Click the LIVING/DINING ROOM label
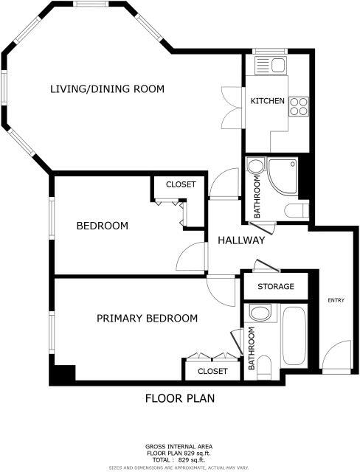106,89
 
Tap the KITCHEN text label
267,101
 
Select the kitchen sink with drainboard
271,66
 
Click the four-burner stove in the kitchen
298,106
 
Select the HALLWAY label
240,240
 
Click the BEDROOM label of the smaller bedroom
103,226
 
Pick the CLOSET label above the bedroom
180,184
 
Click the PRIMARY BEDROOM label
148,319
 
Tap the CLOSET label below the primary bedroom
212,371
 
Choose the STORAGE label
276,286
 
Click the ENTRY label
336,299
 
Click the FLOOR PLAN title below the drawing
179,399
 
